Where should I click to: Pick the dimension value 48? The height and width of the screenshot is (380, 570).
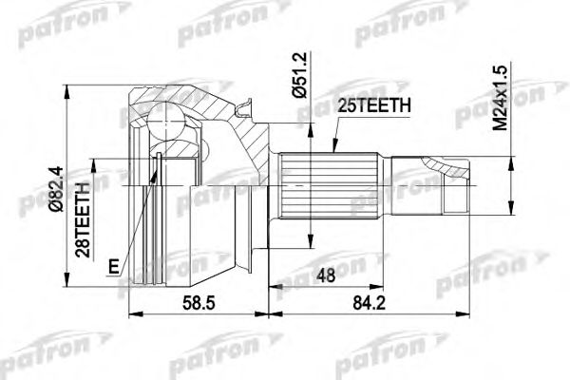pyautogui.click(x=327, y=275)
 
